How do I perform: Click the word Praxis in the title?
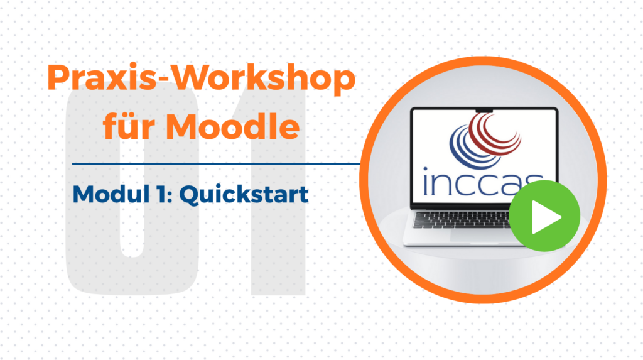(102, 78)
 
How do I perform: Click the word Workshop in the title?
(263, 78)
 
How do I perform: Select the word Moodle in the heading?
(232, 126)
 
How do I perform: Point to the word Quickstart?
(244, 194)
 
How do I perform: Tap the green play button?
(544, 216)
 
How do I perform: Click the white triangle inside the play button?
(545, 217)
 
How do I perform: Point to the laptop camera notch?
(484, 111)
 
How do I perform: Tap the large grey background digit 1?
(279, 189)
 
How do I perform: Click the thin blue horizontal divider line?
(216, 164)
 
